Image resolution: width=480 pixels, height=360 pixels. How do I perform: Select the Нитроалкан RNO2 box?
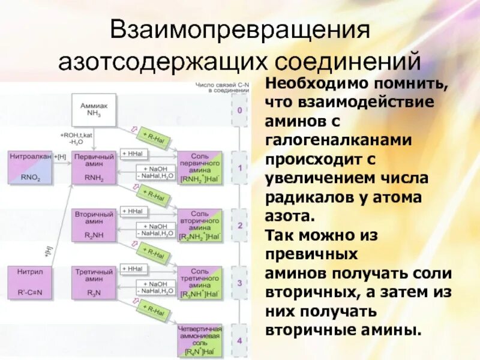30,167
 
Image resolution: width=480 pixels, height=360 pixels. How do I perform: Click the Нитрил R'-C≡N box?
30,283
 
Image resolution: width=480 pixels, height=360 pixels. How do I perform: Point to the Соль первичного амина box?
200,167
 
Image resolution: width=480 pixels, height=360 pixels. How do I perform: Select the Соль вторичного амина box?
200,225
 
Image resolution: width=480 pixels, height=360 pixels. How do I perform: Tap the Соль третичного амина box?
200,283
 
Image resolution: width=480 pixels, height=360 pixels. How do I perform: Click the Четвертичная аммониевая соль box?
200,340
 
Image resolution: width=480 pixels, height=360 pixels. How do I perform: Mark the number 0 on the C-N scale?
239,111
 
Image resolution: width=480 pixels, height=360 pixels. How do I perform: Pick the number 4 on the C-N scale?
239,341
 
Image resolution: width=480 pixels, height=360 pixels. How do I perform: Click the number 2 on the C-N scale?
239,226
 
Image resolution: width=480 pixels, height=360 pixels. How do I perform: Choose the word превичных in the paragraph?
311,254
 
